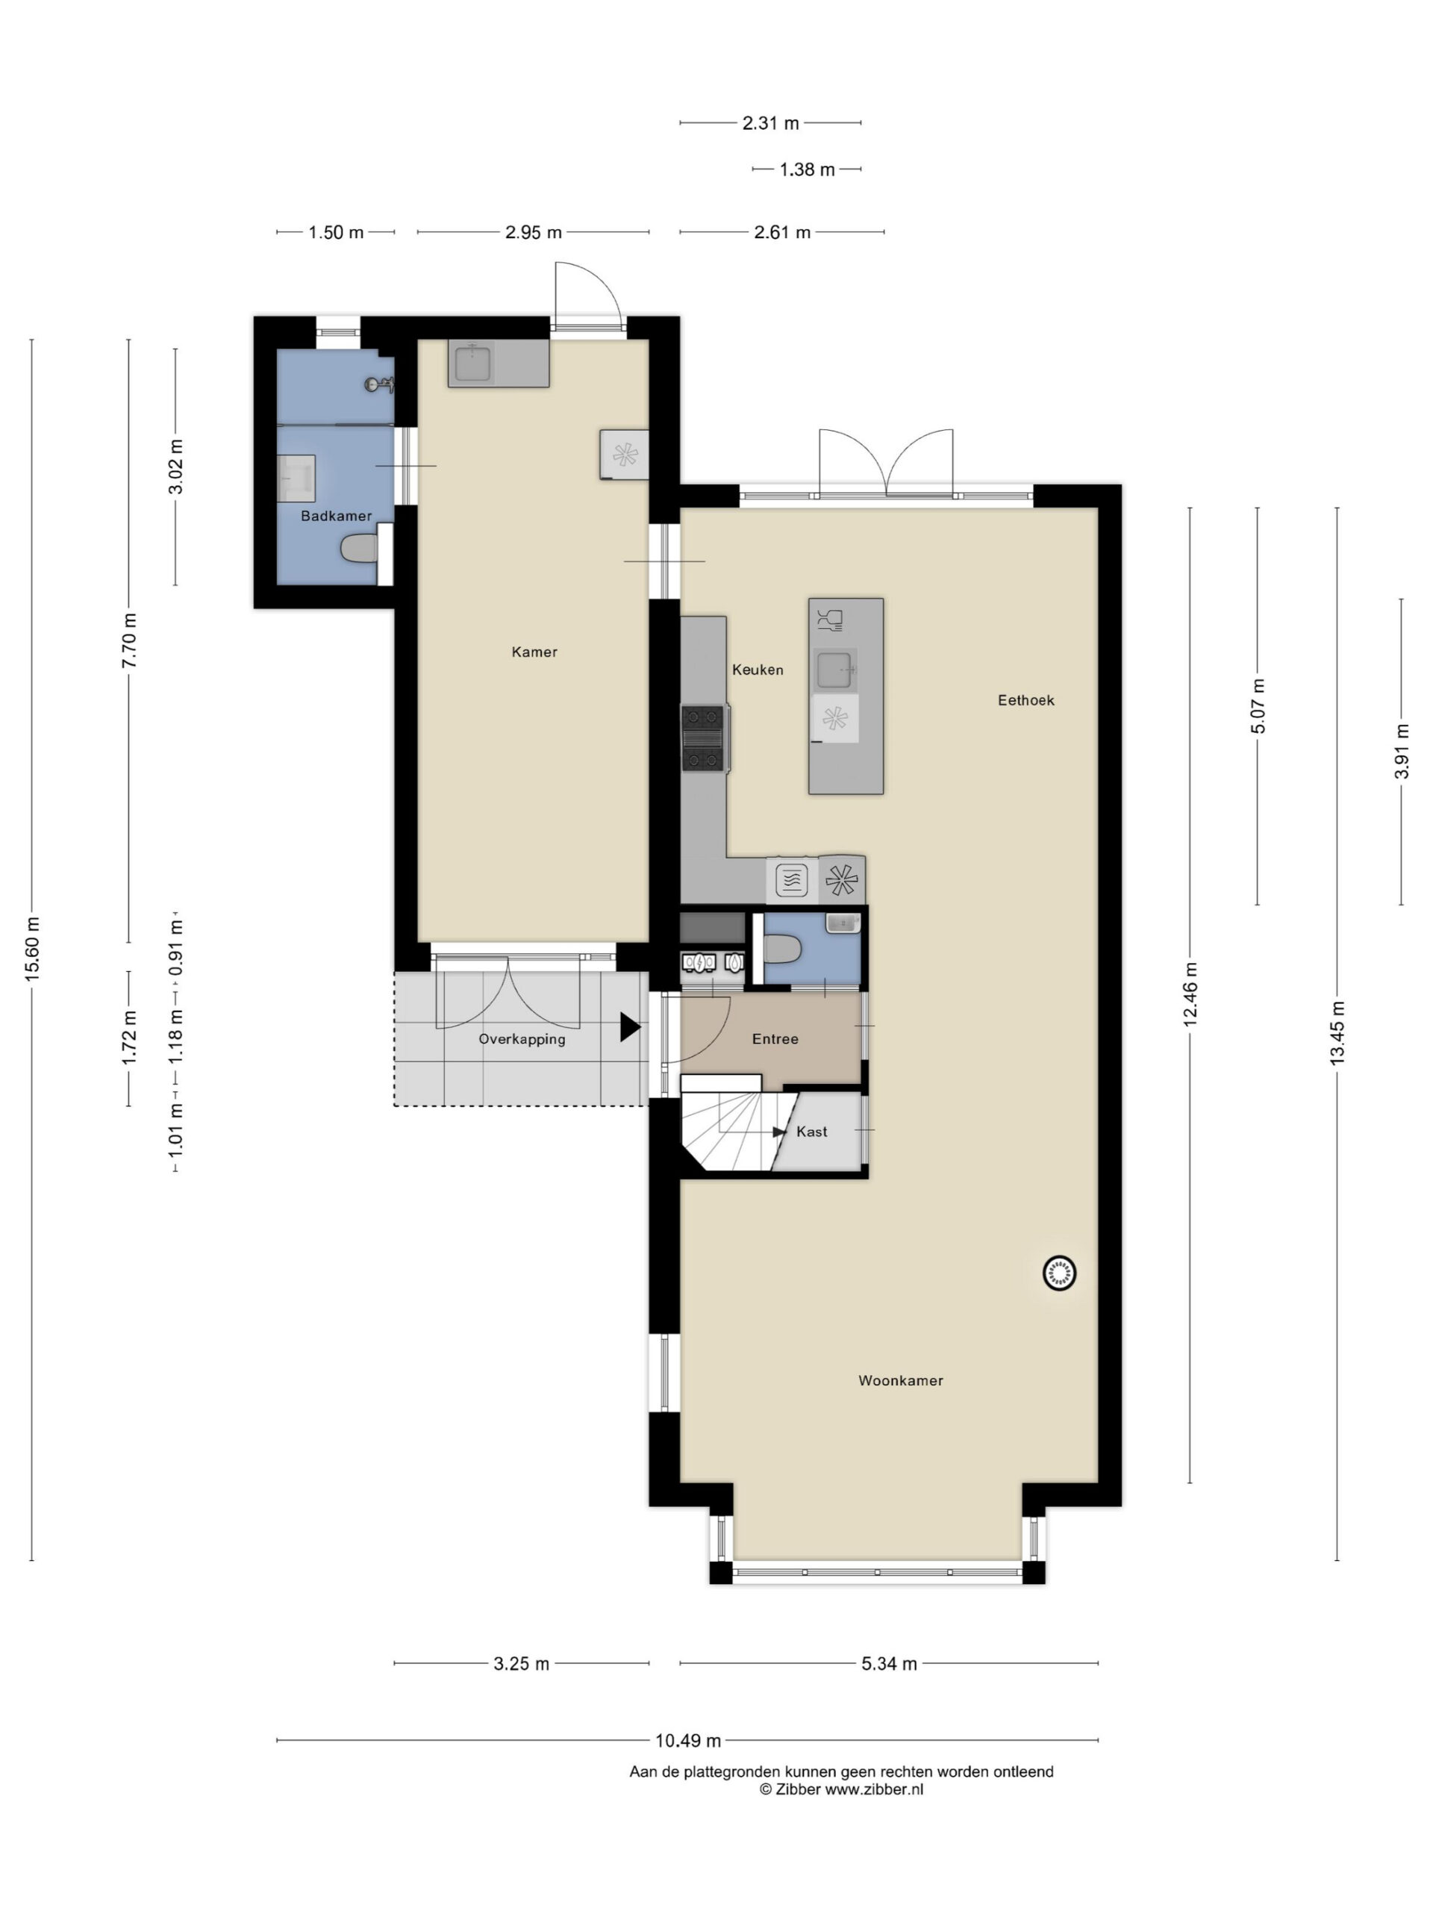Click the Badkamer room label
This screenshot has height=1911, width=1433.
click(336, 516)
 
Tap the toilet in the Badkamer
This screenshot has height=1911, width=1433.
click(359, 548)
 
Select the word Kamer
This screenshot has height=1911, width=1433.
click(534, 652)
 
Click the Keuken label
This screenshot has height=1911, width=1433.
click(758, 670)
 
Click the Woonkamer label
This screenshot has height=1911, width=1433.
click(900, 1380)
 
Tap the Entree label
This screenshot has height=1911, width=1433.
click(775, 1038)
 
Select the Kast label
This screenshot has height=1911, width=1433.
click(811, 1131)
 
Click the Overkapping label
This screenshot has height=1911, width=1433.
click(522, 1039)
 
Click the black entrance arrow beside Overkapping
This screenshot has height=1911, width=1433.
click(630, 1026)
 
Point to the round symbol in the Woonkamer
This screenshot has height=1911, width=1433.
click(1059, 1273)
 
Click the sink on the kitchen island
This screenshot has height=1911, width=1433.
click(835, 670)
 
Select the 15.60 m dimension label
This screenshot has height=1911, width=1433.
click(32, 948)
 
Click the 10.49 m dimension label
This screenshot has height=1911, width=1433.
click(687, 1740)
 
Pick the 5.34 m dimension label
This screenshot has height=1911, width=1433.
click(889, 1663)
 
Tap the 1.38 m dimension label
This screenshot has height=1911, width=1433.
click(807, 169)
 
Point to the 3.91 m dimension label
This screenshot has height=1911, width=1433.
click(1401, 751)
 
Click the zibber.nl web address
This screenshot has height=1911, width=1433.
click(873, 1789)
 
